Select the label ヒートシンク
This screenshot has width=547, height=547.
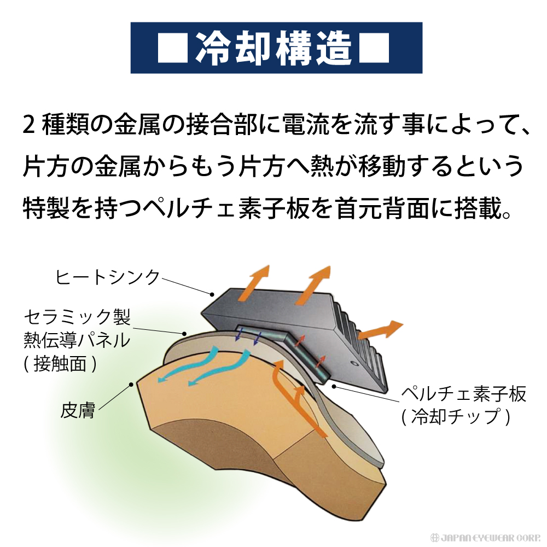click(107, 277)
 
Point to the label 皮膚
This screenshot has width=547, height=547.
click(78, 410)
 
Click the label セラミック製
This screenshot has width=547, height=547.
click(77, 317)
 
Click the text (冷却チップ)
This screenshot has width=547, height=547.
click(456, 417)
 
